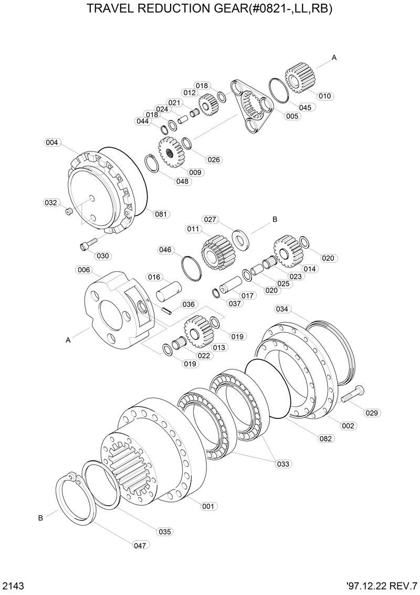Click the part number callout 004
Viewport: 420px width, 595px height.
51,142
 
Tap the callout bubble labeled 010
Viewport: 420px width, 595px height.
325,96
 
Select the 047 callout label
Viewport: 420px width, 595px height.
140,546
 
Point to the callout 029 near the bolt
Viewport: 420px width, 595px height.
372,413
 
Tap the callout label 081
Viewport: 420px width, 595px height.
161,214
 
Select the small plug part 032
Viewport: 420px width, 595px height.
68,211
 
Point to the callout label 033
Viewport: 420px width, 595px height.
283,464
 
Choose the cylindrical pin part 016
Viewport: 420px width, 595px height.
169,291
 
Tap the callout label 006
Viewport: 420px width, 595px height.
83,270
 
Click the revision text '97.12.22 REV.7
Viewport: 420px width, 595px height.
381,585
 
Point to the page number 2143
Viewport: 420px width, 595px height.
12,585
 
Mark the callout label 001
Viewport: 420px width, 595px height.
208,506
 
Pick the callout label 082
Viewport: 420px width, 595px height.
325,438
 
